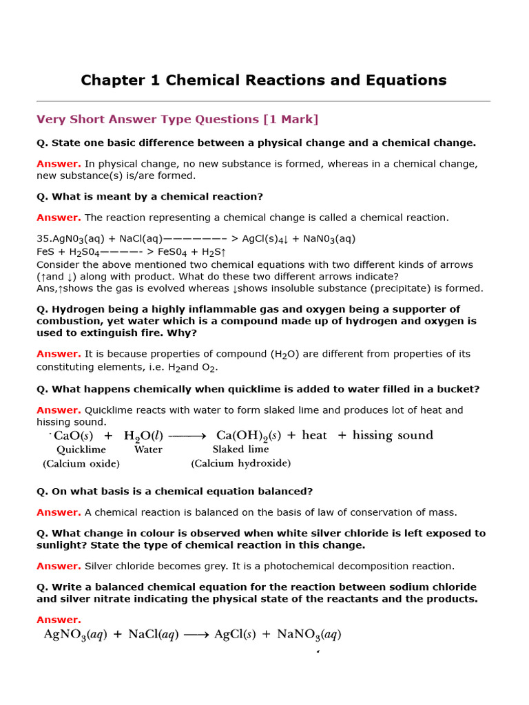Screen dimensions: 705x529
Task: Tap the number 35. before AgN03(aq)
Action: coord(44,239)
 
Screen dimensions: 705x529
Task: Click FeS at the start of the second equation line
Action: coord(45,252)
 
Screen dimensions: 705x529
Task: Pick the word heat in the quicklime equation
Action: coord(314,436)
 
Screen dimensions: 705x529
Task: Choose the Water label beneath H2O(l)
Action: coord(148,450)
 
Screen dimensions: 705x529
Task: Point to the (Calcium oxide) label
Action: coord(81,464)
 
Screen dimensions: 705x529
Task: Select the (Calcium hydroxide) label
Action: coord(240,464)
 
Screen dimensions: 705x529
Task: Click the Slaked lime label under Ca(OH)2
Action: coord(240,450)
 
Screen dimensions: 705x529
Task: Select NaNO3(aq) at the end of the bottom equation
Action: coord(309,635)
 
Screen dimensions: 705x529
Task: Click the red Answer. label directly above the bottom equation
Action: coord(59,620)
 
